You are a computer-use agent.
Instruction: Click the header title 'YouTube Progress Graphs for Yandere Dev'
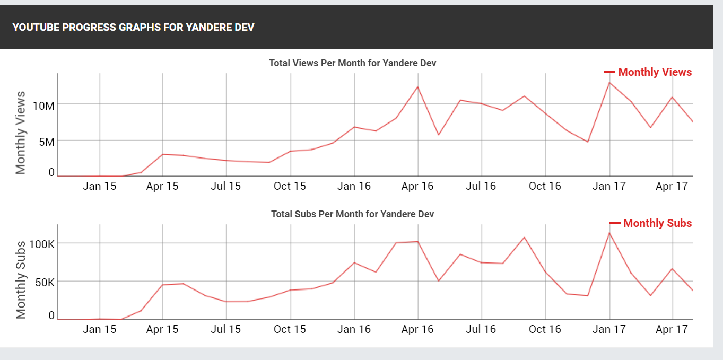tap(133, 27)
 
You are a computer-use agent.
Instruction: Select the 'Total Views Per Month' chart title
tap(352, 63)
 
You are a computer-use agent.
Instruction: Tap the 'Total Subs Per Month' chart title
tap(352, 214)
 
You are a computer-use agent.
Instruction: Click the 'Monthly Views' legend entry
tap(648, 72)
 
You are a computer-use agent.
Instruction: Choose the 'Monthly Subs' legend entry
tap(651, 223)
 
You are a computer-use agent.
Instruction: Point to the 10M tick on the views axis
tap(43, 106)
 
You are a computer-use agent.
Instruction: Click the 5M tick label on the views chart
tap(47, 142)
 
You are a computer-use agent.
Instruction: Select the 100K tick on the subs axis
tap(42, 244)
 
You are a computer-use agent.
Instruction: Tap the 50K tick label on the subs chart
tap(45, 283)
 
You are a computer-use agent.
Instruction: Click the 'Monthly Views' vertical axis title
tap(20, 133)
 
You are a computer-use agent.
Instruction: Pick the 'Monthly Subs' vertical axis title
tap(20, 280)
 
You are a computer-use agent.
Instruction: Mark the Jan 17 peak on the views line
tap(609, 83)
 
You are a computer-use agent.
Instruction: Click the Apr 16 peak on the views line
tap(417, 87)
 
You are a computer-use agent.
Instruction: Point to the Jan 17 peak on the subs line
tap(609, 233)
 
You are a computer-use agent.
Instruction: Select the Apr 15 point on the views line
tap(163, 154)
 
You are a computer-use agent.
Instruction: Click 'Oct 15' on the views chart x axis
tap(290, 186)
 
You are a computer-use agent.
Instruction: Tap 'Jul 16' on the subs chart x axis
tap(481, 329)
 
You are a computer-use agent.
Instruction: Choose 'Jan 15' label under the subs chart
tap(99, 329)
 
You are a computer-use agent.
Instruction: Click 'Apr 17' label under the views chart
tap(672, 186)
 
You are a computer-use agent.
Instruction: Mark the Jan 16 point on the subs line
tap(354, 262)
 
